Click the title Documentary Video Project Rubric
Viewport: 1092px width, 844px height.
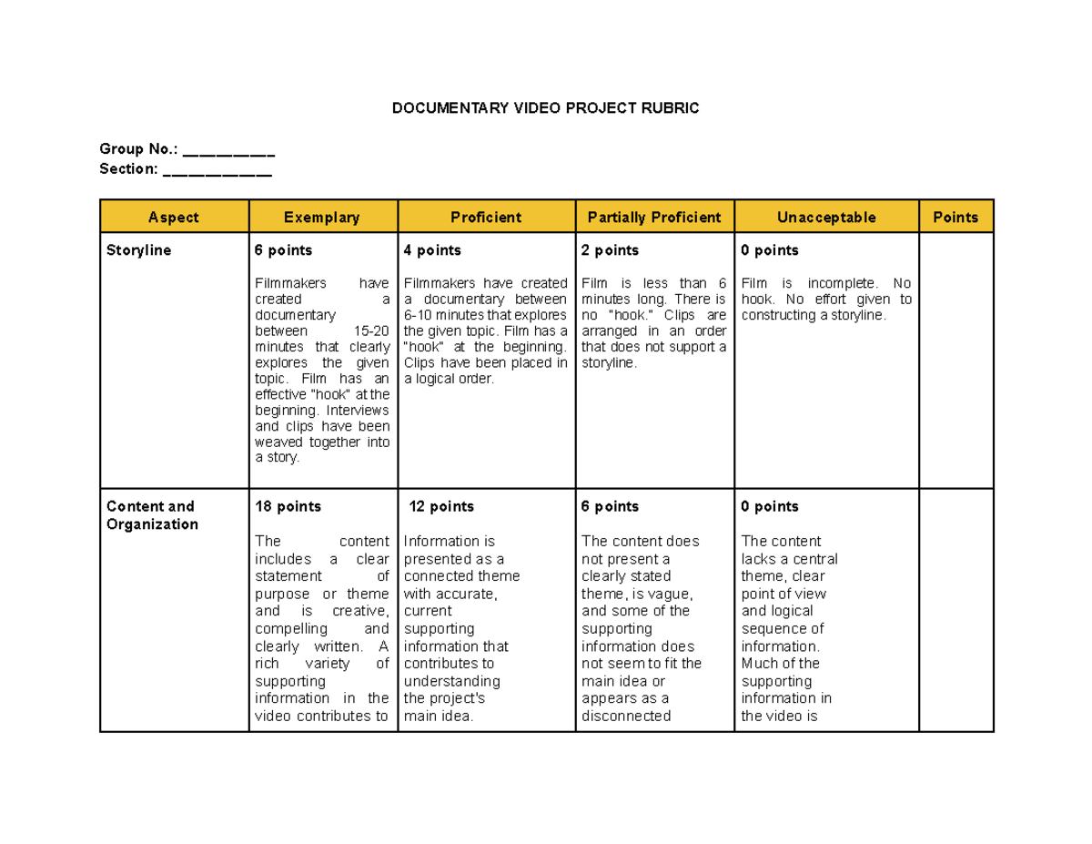(x=545, y=108)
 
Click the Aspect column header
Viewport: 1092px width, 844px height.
(x=174, y=217)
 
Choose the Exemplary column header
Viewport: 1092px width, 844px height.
(x=322, y=217)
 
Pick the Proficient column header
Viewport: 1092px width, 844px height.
(x=486, y=217)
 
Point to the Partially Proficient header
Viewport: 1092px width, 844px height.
(x=654, y=217)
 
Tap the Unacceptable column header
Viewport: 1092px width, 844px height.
(x=826, y=217)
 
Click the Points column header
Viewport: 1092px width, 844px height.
(x=955, y=217)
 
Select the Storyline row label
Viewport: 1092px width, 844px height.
(x=138, y=250)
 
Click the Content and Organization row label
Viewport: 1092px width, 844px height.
(x=151, y=515)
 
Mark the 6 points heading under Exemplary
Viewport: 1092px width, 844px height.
(x=283, y=250)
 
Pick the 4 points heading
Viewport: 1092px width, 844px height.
(x=432, y=250)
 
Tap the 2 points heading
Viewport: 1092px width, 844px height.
(x=610, y=250)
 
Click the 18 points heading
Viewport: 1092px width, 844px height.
(x=288, y=506)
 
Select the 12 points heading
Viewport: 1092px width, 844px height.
(x=441, y=506)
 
